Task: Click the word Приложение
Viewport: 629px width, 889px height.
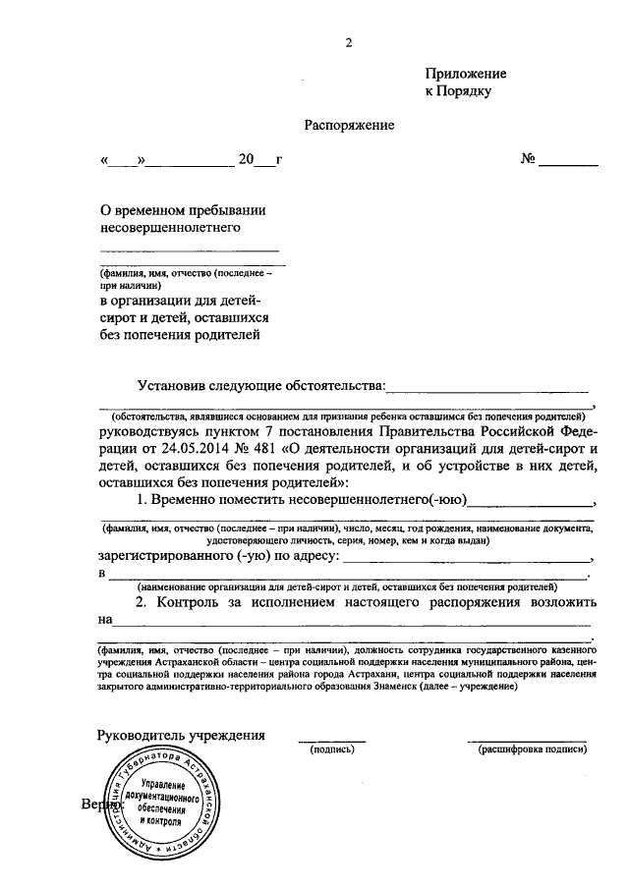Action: coord(466,74)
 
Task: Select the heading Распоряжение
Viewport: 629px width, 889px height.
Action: coord(348,125)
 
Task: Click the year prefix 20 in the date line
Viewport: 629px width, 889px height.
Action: coord(246,159)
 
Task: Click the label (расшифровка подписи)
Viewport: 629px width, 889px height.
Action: coord(532,750)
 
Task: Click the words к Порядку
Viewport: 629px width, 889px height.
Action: coord(457,90)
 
